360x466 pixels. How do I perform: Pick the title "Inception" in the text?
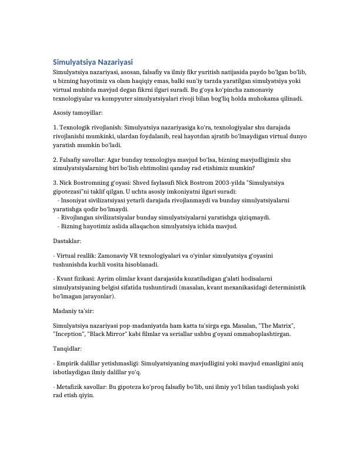(x=69, y=334)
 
